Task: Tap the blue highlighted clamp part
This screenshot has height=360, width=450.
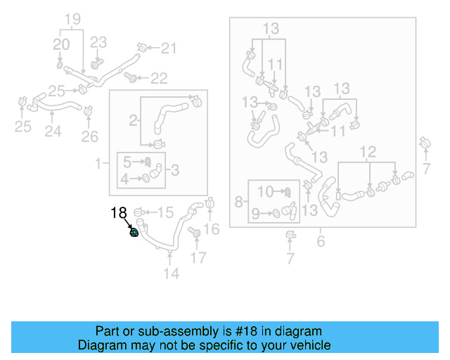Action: point(134,233)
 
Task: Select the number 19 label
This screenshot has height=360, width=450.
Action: point(74,20)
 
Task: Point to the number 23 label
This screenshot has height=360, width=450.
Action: point(98,42)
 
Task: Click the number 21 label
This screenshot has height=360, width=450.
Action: point(169,49)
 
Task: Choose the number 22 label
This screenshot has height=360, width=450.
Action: point(159,77)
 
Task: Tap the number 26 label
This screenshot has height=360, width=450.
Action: point(90,135)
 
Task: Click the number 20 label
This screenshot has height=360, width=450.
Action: point(62,44)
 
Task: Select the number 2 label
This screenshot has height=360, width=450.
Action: point(132,120)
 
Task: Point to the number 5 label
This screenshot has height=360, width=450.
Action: point(127,161)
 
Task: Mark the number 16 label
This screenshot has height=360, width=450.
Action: point(212,228)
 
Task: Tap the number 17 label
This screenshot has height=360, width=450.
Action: point(199,258)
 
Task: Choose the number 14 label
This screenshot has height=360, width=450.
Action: point(172,274)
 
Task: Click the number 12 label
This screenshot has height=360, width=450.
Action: point(368,151)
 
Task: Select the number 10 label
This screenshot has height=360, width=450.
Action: point(265,191)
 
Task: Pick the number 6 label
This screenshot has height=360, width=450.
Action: point(321,242)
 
